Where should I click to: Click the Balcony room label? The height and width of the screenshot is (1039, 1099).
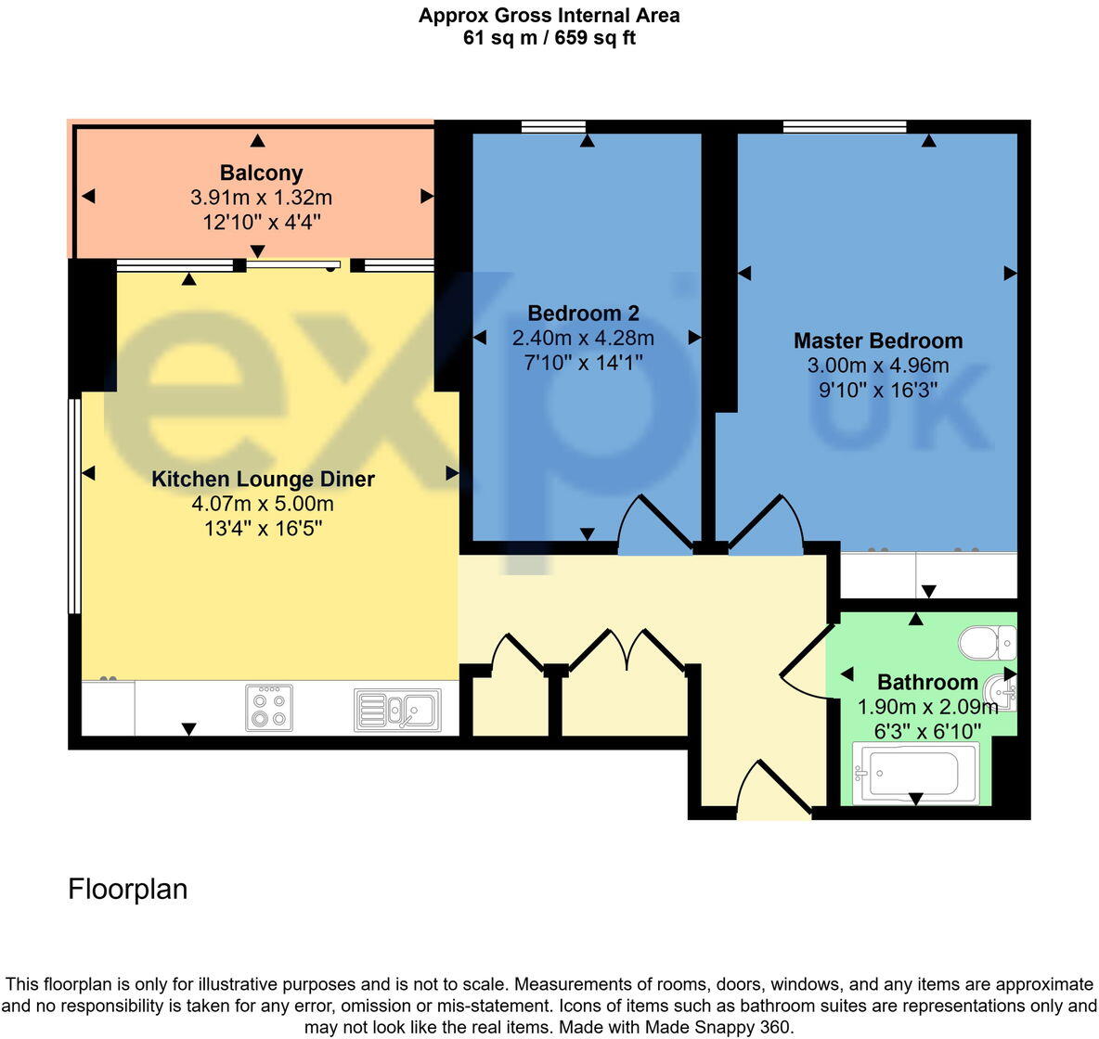[261, 173]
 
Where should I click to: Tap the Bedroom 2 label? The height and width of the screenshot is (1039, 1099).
[583, 314]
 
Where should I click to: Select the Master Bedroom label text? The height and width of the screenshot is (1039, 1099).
[878, 340]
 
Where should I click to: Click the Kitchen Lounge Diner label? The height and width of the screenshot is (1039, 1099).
[263, 480]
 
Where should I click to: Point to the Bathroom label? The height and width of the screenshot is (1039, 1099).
[927, 683]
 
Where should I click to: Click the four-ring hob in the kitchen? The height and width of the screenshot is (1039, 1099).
[269, 708]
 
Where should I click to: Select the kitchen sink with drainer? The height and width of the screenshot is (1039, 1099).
[397, 710]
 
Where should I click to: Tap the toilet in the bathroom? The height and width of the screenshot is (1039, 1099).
[987, 641]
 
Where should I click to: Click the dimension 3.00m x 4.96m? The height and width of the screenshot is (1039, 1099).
[878, 366]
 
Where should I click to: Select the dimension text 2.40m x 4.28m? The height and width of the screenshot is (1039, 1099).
[583, 339]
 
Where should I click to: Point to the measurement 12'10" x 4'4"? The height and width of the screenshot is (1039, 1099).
[261, 223]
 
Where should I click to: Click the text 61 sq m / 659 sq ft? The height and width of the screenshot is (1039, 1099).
[549, 38]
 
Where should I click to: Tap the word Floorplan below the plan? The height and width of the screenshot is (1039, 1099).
[128, 889]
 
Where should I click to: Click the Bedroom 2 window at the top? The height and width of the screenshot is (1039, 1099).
[553, 127]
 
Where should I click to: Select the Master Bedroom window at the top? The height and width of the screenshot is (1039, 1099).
[844, 127]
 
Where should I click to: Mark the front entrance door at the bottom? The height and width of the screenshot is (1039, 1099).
[773, 789]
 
